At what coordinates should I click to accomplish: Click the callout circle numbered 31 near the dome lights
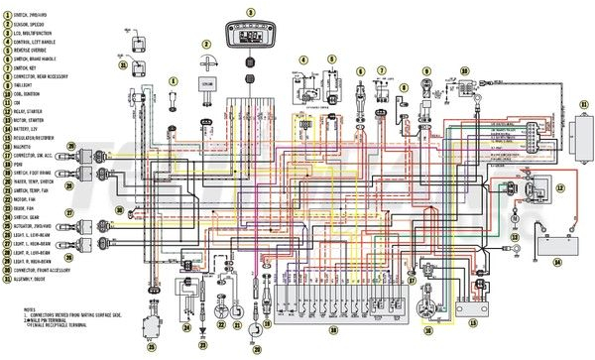point(123,65)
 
